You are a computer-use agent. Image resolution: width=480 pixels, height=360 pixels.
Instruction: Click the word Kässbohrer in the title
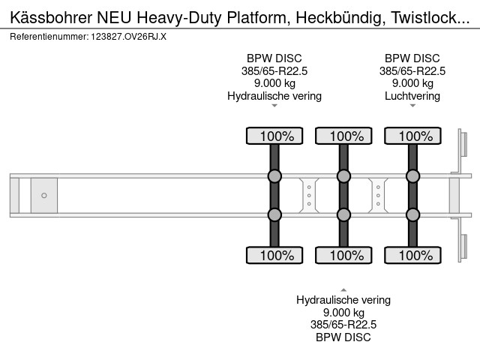click(x=51, y=18)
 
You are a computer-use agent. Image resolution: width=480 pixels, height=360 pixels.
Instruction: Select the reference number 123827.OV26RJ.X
click(x=128, y=37)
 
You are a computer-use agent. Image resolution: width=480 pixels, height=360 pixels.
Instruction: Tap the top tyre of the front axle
click(x=274, y=136)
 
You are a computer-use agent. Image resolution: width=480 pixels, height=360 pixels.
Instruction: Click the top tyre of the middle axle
click(x=343, y=136)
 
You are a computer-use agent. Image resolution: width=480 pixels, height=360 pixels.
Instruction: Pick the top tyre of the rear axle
click(x=413, y=136)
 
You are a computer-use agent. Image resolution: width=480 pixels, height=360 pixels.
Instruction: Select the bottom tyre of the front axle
click(x=274, y=255)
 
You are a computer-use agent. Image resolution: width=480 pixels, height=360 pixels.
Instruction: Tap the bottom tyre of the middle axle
click(x=343, y=255)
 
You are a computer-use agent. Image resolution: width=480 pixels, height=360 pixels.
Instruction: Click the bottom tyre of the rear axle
click(x=413, y=255)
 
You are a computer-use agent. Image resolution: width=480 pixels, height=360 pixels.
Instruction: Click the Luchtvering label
click(x=412, y=96)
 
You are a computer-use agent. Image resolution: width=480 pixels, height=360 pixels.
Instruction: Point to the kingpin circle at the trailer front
click(x=44, y=195)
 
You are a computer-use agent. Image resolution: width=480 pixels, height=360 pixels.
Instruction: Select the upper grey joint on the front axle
click(x=274, y=176)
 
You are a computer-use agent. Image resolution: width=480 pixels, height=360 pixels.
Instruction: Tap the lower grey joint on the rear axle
click(x=413, y=215)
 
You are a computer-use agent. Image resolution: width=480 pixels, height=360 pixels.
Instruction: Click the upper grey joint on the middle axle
click(x=343, y=176)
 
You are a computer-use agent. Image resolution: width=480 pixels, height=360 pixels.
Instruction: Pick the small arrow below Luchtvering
click(x=412, y=106)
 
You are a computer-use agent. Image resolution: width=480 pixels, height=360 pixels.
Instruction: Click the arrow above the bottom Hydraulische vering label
click(x=343, y=290)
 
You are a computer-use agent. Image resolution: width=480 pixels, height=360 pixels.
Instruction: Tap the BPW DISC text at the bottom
click(x=343, y=337)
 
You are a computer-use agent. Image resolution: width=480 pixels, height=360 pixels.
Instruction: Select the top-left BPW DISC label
click(x=274, y=58)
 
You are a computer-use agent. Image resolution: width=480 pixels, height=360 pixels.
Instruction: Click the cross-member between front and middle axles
click(x=309, y=195)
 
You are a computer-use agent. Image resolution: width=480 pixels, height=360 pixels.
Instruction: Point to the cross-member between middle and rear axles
click(x=378, y=195)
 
